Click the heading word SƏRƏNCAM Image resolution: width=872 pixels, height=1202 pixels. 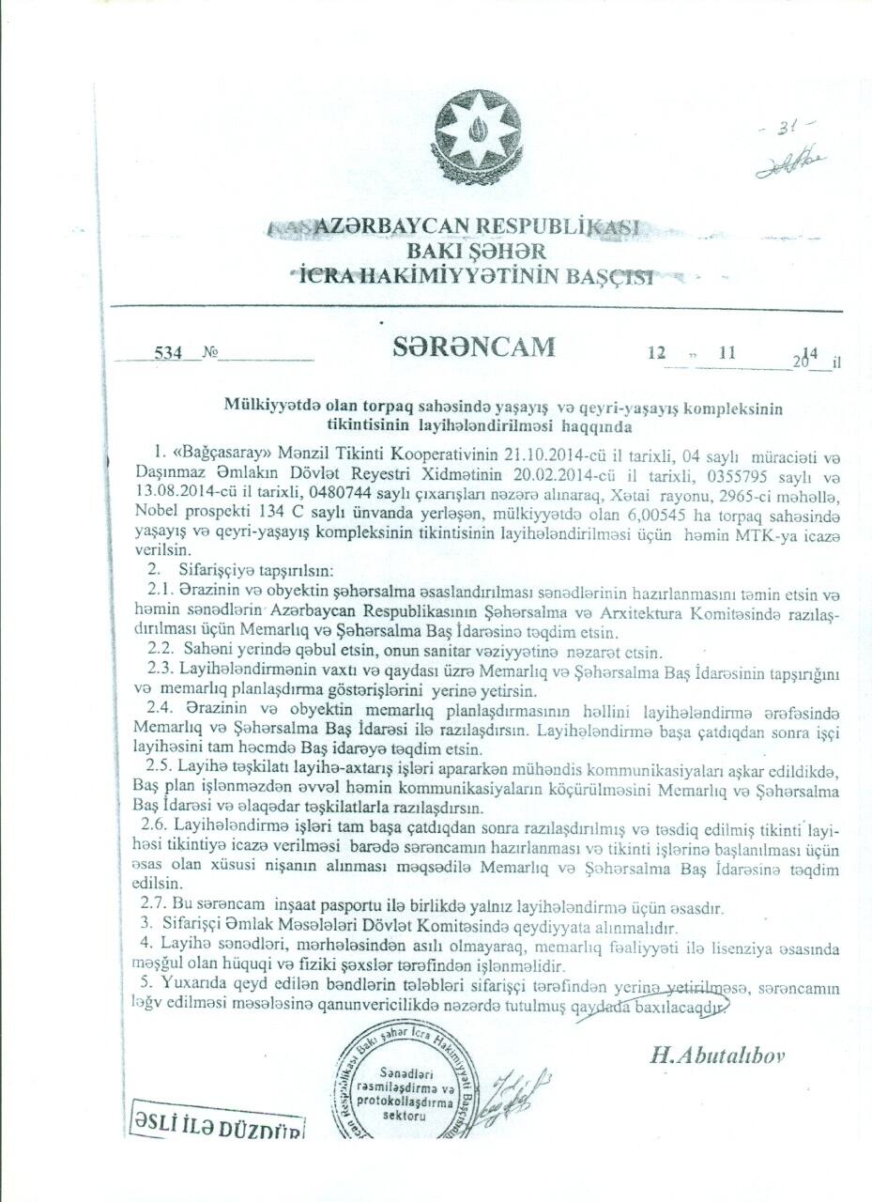coord(474,347)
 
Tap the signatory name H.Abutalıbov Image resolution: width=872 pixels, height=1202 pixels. coord(717,1054)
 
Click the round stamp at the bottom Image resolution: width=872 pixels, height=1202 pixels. coord(404,1089)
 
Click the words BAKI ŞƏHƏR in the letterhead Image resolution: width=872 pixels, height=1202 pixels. coord(476,252)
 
